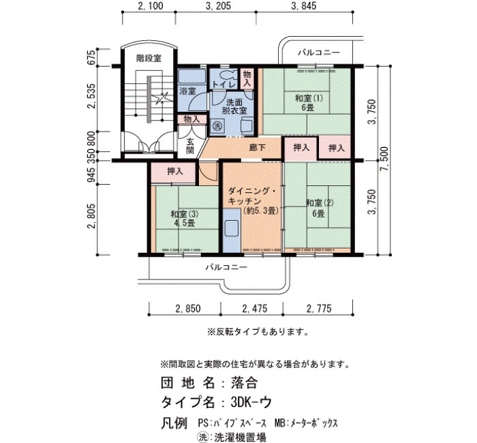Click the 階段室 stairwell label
point(149,58)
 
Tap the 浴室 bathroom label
point(187,91)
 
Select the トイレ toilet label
point(224,85)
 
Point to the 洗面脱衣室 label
point(234,106)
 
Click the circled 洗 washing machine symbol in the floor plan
point(217,125)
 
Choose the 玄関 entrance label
point(190,146)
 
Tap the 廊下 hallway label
point(258,148)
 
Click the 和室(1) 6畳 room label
point(309,103)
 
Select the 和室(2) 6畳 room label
point(320,208)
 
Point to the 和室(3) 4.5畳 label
point(185,219)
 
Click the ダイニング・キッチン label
point(253,201)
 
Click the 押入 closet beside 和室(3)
point(175,172)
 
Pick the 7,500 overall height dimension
point(384,159)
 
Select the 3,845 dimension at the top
point(304,5)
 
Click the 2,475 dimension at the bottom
point(255,309)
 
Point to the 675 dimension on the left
point(91,57)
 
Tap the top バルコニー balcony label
point(319,52)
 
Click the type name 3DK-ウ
point(251,402)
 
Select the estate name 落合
point(244,383)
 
